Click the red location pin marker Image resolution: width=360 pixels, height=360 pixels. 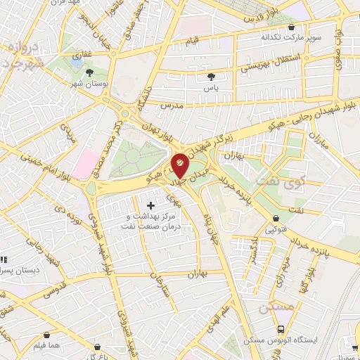tap(180, 165)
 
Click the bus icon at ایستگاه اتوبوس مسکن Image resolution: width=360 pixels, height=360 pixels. tap(281, 328)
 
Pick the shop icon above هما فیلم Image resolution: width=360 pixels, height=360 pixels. tap(46, 335)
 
